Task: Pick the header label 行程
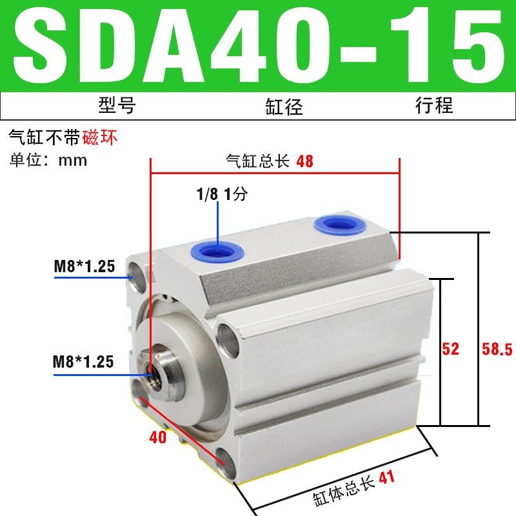(433, 104)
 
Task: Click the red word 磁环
(101, 137)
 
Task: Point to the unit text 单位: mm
(48, 159)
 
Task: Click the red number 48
(304, 161)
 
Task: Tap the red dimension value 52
(451, 349)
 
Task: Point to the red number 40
(157, 437)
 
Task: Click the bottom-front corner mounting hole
(227, 459)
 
